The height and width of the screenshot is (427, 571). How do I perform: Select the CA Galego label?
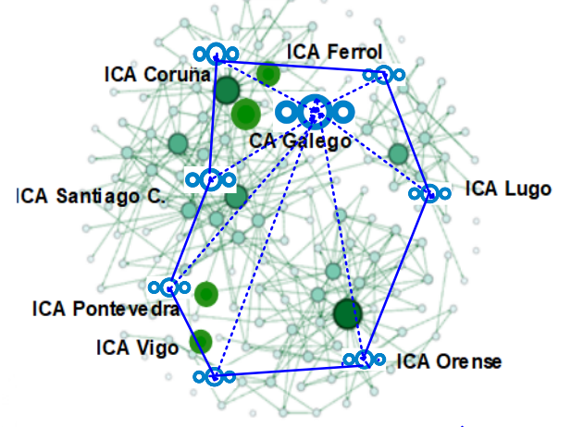click(300, 141)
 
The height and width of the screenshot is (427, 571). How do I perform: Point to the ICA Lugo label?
click(508, 189)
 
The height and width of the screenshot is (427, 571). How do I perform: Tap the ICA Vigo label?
click(137, 348)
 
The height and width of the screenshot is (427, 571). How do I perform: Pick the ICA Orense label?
click(449, 360)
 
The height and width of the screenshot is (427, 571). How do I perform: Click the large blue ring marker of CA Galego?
click(316, 112)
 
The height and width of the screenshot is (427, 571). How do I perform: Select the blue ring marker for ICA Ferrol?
click(382, 74)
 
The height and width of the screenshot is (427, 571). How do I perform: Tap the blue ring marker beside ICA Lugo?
click(429, 194)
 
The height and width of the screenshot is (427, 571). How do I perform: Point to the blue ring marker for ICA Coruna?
click(216, 54)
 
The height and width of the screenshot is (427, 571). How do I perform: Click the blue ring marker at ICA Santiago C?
click(211, 179)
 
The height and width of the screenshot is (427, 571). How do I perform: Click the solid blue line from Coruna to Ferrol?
click(296, 65)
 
